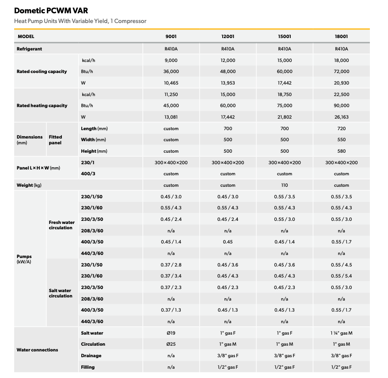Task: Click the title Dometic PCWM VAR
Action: point(51,11)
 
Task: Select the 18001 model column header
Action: point(341,36)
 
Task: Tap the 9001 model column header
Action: point(171,36)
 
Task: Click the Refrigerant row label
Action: point(29,49)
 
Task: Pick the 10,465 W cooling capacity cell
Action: point(171,83)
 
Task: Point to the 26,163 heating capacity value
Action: point(342,117)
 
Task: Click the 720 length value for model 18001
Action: point(342,128)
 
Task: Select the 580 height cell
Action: point(342,151)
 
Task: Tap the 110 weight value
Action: point(285,185)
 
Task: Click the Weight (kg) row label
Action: point(29,185)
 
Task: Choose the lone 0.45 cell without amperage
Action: point(228,242)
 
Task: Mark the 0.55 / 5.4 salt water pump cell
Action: point(342,276)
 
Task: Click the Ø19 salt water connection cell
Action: point(171,333)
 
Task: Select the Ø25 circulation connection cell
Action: point(171,344)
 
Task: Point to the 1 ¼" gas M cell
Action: point(342,333)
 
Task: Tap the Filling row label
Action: point(87,367)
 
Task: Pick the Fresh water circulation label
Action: point(61,225)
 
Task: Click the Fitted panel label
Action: point(55,140)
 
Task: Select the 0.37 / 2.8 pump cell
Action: point(171,265)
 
